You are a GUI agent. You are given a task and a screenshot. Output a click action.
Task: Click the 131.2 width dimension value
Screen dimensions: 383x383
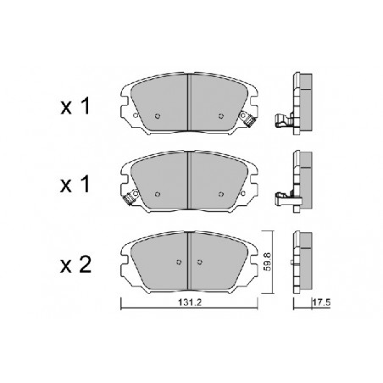[x=189, y=303]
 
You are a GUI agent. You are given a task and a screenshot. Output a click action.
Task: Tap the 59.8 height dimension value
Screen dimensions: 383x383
[x=267, y=262]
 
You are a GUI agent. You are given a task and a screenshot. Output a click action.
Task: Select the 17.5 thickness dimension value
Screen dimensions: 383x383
[x=321, y=303]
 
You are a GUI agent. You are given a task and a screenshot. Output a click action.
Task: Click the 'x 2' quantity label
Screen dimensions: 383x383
[x=75, y=264]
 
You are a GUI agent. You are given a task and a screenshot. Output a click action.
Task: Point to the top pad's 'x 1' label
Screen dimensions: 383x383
[x=75, y=106]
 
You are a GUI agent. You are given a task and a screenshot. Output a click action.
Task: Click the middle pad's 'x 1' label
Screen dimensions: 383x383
[x=75, y=185]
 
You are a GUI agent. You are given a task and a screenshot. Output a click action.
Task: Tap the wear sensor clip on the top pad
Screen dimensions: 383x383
[x=247, y=119]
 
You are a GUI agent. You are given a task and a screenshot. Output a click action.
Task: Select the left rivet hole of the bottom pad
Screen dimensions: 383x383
[x=179, y=262]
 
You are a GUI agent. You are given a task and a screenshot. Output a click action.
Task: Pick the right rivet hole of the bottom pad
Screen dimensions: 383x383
[x=200, y=262]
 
